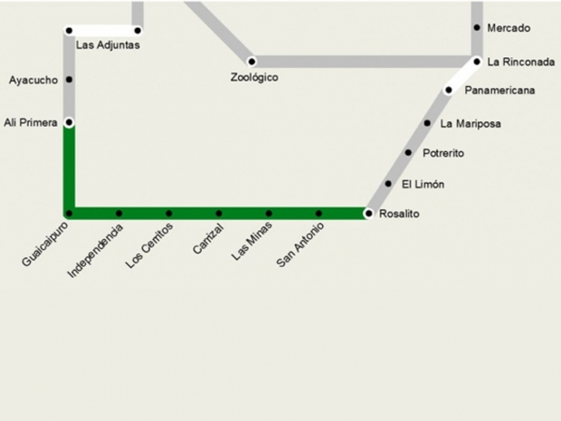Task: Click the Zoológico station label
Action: (x=254, y=78)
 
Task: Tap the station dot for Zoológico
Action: (x=252, y=62)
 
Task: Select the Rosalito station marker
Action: (x=368, y=214)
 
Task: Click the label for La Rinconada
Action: (x=520, y=62)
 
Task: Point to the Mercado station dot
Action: (x=477, y=28)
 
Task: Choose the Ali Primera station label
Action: (x=31, y=122)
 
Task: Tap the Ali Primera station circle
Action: (x=69, y=122)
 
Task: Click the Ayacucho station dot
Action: (x=69, y=80)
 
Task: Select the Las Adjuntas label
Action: (x=108, y=44)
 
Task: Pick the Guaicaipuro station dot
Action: (x=69, y=214)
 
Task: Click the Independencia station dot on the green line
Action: (x=119, y=214)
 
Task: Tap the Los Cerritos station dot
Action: (x=169, y=214)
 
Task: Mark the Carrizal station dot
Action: (x=219, y=214)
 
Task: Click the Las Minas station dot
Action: (x=269, y=214)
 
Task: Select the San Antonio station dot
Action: (x=319, y=214)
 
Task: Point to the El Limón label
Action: (x=423, y=184)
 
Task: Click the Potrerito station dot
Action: (x=408, y=153)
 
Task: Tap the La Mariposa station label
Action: (x=471, y=123)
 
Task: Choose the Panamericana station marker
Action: (x=448, y=91)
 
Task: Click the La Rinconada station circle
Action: (x=477, y=62)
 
